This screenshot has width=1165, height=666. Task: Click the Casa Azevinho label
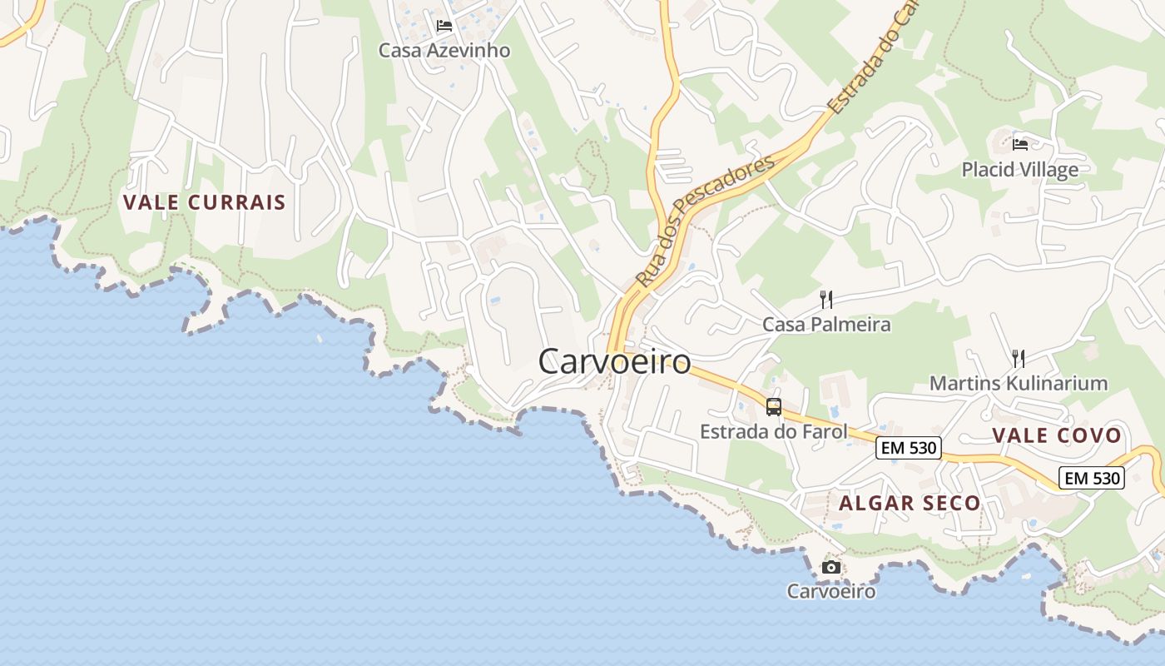[x=444, y=51]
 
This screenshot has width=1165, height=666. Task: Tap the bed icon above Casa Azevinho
[x=444, y=26]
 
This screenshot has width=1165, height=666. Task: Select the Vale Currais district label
[x=205, y=202]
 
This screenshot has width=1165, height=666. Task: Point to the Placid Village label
[x=1019, y=170]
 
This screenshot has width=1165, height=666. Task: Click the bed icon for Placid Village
[x=1020, y=145]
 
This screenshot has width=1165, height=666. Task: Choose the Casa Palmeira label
[x=826, y=325]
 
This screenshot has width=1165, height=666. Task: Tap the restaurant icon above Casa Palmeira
[x=826, y=300]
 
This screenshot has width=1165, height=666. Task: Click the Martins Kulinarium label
[x=1018, y=384]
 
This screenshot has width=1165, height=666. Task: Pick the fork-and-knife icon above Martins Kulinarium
[x=1018, y=359]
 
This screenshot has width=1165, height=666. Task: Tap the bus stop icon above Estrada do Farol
[x=774, y=407]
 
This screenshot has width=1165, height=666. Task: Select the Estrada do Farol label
[x=773, y=431]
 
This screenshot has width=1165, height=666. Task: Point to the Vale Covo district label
[x=1057, y=435]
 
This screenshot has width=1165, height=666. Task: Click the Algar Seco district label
[x=910, y=504]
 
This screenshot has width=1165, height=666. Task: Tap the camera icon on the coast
[x=830, y=568]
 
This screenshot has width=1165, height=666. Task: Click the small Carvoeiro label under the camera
[x=830, y=592]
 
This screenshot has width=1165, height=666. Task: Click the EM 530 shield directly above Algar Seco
[x=909, y=448]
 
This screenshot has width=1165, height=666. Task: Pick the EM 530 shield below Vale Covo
[x=1092, y=478]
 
